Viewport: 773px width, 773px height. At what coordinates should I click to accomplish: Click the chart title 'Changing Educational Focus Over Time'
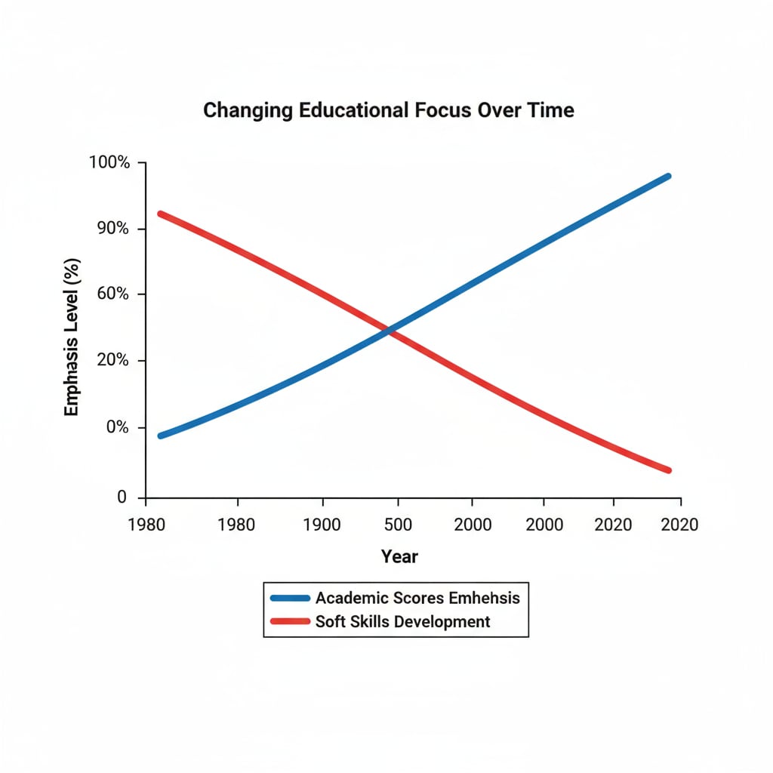[388, 110]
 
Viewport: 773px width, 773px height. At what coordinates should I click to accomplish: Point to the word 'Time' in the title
[552, 110]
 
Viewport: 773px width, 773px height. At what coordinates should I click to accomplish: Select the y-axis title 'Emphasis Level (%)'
[72, 336]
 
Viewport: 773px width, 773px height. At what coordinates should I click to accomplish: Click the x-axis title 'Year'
[399, 557]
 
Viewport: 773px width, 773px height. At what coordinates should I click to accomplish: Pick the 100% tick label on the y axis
[109, 162]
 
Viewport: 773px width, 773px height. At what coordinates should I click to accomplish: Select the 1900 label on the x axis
[322, 525]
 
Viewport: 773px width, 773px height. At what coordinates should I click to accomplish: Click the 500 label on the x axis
[398, 525]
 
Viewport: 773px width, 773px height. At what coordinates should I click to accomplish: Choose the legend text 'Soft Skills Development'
[402, 621]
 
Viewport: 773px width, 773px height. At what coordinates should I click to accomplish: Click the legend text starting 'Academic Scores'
[417, 598]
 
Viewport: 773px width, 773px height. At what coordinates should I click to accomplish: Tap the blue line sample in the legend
[290, 598]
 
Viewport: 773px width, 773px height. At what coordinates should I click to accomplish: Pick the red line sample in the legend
[290, 621]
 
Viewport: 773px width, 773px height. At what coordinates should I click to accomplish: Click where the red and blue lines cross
[390, 331]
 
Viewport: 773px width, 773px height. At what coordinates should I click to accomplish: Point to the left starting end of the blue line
[161, 436]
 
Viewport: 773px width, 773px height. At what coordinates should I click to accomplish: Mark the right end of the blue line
[667, 177]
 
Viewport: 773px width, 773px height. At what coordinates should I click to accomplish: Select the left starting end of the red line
[161, 214]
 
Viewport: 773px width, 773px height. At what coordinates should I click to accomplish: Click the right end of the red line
[667, 470]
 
